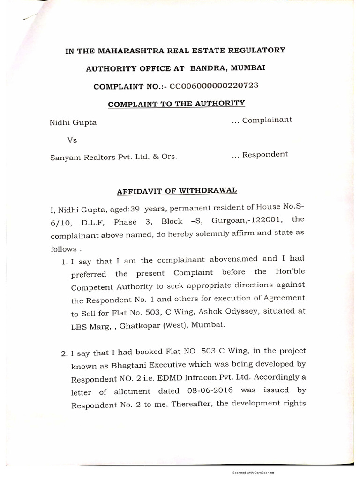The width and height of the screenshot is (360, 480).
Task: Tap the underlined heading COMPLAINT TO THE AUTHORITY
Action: pos(176,103)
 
